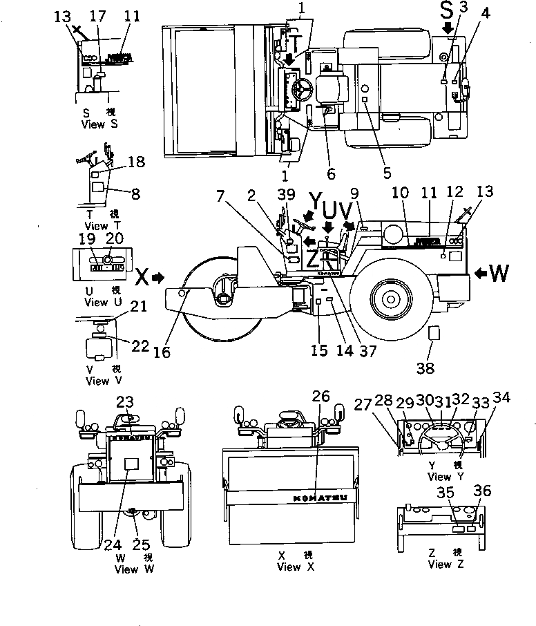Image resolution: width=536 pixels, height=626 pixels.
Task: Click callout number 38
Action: coord(425,368)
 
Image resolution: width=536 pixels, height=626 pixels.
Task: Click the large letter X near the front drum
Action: coord(140,277)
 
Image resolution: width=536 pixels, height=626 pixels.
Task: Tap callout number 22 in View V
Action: coord(140,346)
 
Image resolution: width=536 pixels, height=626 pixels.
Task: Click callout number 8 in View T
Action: coord(135,195)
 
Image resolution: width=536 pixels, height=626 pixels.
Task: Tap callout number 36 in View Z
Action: coord(482,492)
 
